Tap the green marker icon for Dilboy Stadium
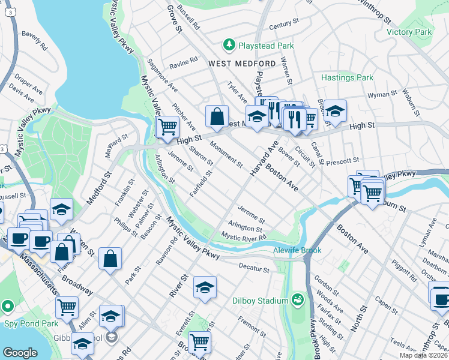click(297, 299)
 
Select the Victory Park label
click(409, 32)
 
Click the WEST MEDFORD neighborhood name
click(242, 63)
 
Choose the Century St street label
click(284, 25)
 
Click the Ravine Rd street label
click(184, 61)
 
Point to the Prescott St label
click(343, 161)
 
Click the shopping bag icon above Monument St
click(217, 117)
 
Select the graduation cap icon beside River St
click(205, 288)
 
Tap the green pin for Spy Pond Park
click(7, 306)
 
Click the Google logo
click(20, 353)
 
